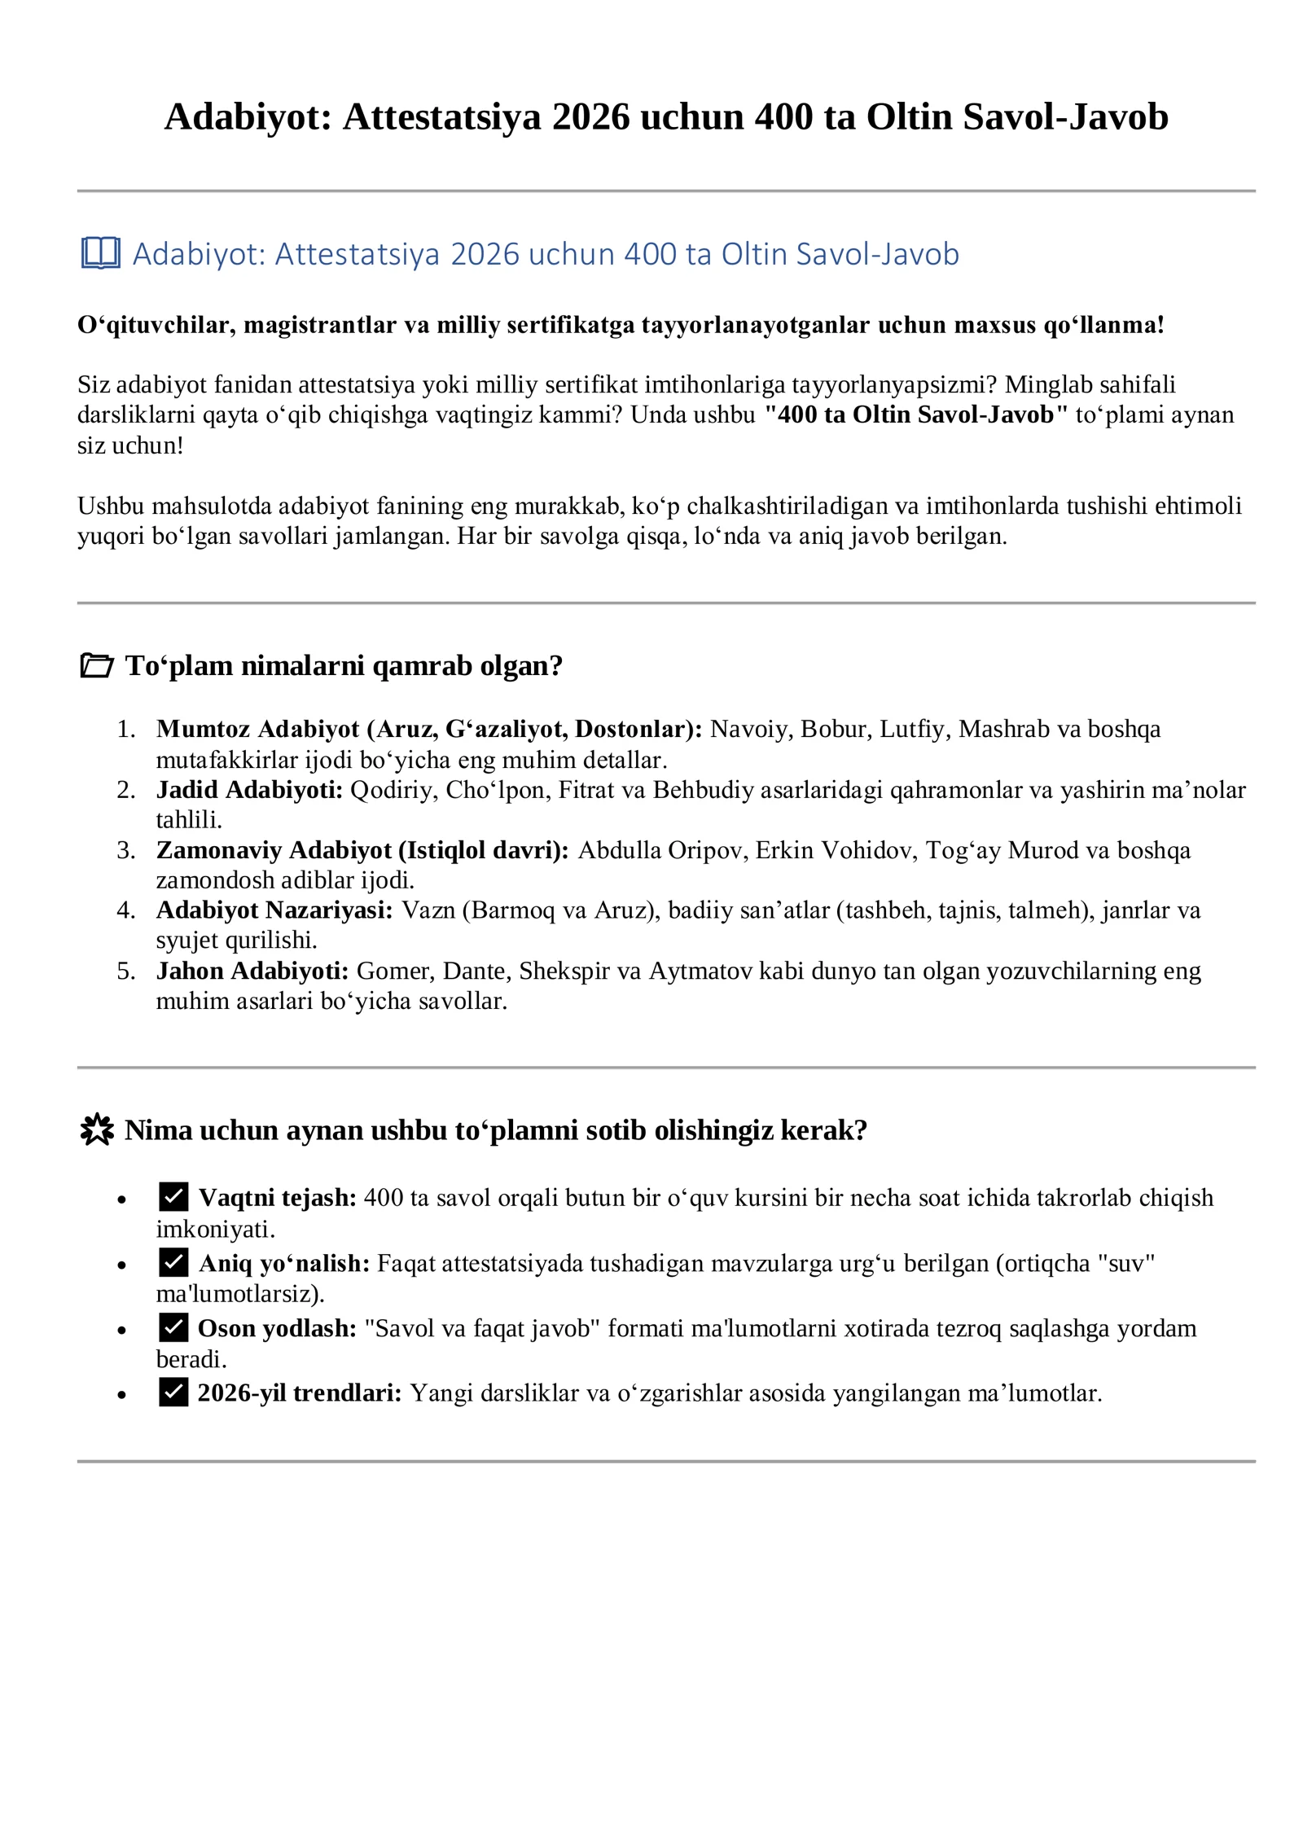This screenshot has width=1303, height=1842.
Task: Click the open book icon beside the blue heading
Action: [x=100, y=253]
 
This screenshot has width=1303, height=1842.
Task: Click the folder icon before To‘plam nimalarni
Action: [x=97, y=665]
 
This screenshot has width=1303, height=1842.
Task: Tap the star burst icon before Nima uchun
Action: [x=97, y=1129]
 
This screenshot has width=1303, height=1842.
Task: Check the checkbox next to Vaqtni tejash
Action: [x=173, y=1196]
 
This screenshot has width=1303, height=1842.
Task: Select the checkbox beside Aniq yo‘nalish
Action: [x=173, y=1262]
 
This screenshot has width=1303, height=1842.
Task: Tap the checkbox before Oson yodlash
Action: [x=173, y=1327]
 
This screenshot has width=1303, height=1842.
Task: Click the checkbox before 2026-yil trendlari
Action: [x=173, y=1392]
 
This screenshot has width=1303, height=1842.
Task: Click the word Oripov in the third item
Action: [x=708, y=850]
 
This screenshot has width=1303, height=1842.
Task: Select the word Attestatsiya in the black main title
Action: [x=441, y=116]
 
